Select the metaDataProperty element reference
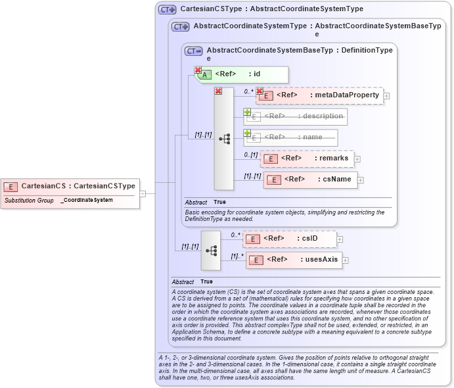[x=319, y=95]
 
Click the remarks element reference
[x=307, y=158]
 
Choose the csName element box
[x=309, y=180]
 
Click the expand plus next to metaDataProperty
[x=386, y=96]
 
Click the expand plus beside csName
[x=361, y=180]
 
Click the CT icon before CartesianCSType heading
[x=168, y=10]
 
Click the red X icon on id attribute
[x=198, y=70]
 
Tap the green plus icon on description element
[x=248, y=112]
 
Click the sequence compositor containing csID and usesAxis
[x=211, y=250]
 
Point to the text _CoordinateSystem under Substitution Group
[x=87, y=200]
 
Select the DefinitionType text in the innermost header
[x=368, y=50]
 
